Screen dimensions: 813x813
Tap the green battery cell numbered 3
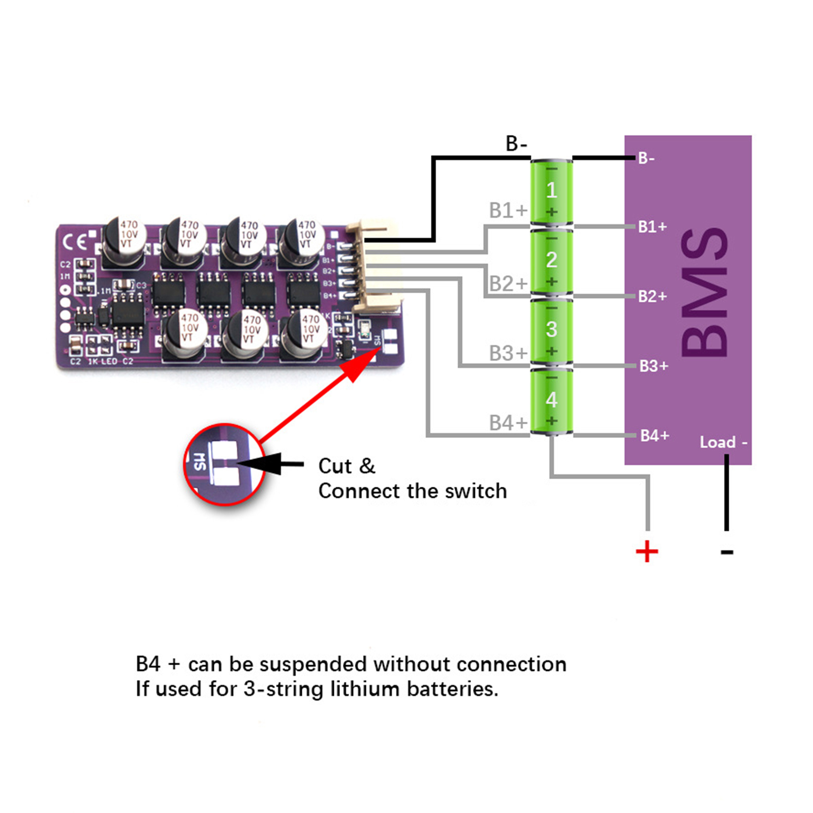pyautogui.click(x=551, y=331)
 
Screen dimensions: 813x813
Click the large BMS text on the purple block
pyautogui.click(x=705, y=292)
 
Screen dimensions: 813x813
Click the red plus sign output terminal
pyautogui.click(x=647, y=551)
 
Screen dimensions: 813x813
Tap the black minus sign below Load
pyautogui.click(x=727, y=552)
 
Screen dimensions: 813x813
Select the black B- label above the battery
pyautogui.click(x=516, y=144)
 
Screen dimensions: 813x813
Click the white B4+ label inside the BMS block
pyautogui.click(x=654, y=435)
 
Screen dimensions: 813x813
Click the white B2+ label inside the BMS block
pyautogui.click(x=652, y=296)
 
